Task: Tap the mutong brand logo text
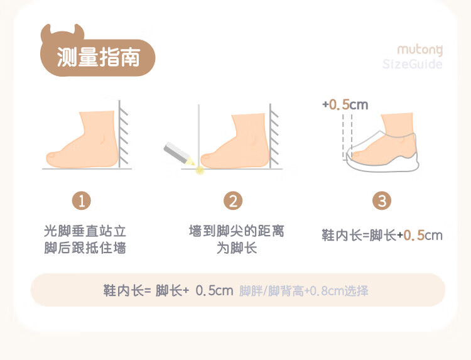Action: click(x=420, y=50)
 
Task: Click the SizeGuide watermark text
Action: click(x=412, y=64)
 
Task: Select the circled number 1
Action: click(x=82, y=201)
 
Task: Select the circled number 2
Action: click(x=233, y=201)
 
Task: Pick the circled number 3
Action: click(x=382, y=201)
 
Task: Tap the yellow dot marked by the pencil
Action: click(x=200, y=170)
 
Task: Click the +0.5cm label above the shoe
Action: click(x=345, y=104)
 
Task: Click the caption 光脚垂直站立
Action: click(x=85, y=231)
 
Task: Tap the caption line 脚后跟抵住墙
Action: click(x=85, y=248)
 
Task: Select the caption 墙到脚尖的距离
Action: click(x=236, y=231)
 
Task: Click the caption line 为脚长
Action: click(x=236, y=248)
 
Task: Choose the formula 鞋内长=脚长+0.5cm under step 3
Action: click(x=382, y=236)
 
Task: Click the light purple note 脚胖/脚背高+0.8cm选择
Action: click(x=304, y=291)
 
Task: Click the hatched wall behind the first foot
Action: click(x=124, y=134)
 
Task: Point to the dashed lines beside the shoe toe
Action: click(x=347, y=136)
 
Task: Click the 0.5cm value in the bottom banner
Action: click(x=214, y=291)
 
